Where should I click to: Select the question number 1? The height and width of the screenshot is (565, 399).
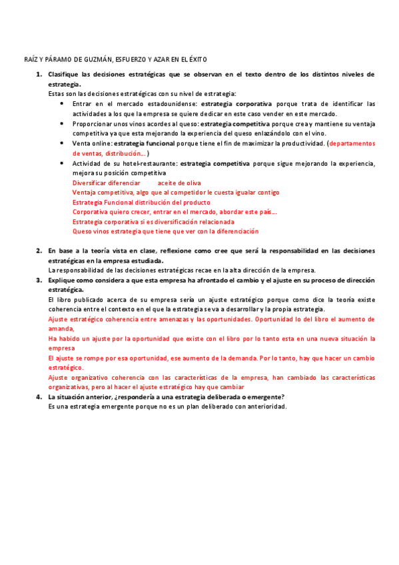click(39, 74)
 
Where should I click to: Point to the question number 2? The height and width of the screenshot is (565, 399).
click(39, 251)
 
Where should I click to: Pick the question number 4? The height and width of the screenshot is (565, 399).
click(39, 397)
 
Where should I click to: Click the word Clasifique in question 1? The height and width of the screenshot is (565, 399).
click(64, 74)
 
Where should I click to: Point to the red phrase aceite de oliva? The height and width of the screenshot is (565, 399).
click(179, 183)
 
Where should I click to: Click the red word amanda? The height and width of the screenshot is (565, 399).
click(61, 328)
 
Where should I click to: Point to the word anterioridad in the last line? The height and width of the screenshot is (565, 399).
click(264, 406)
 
